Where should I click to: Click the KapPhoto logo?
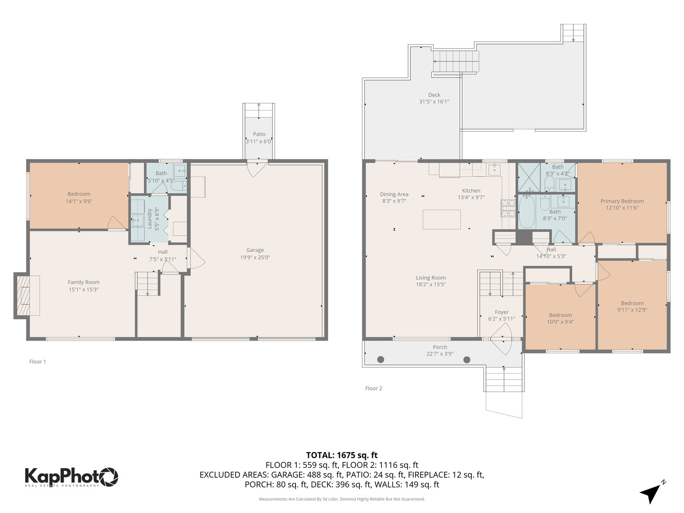[x=71, y=476]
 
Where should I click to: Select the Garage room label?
[x=255, y=250]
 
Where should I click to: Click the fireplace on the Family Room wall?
[x=22, y=295]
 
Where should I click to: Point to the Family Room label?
[x=84, y=282]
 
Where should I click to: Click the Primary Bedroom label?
[x=622, y=201]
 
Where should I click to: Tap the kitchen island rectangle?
[x=442, y=219]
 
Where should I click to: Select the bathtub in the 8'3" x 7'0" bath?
[x=527, y=212]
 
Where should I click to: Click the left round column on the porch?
[x=380, y=360]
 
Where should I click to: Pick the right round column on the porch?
[x=467, y=360]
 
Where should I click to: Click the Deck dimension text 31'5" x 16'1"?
[x=434, y=102]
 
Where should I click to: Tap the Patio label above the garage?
[x=259, y=134]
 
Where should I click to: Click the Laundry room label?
[x=150, y=218]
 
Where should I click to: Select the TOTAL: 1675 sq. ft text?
[x=342, y=455]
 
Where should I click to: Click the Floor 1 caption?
[x=38, y=361]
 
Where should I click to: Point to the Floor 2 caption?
[x=373, y=388]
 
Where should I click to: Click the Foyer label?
[x=502, y=312]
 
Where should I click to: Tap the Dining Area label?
[x=394, y=194]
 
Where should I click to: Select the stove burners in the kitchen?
[x=508, y=208]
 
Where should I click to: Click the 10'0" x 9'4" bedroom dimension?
[x=560, y=322]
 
